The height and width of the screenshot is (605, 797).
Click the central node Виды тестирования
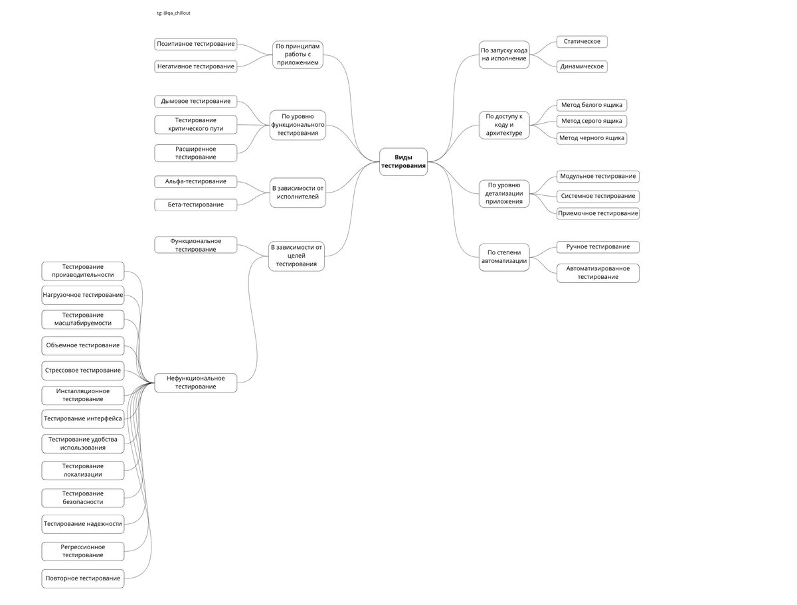[x=403, y=161]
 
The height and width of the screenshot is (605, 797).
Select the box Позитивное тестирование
[x=196, y=44]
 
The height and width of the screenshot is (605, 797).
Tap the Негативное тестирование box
[x=196, y=66]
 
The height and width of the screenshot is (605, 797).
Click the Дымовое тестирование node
[x=196, y=101]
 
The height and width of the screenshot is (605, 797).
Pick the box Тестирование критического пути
[x=196, y=124]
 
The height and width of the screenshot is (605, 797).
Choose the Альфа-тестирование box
[x=196, y=181]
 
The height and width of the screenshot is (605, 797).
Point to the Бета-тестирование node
[x=196, y=205]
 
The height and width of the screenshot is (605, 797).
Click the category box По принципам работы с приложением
[x=298, y=54]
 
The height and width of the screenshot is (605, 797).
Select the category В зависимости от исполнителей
[x=298, y=193]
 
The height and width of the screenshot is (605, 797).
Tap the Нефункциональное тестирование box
[x=196, y=383]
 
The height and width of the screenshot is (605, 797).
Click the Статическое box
[x=582, y=42]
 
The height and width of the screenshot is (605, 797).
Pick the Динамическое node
[x=582, y=66]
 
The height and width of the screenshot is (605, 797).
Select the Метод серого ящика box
[x=592, y=121]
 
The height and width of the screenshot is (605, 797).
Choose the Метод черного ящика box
[x=592, y=138]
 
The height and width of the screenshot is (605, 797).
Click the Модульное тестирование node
[x=598, y=177]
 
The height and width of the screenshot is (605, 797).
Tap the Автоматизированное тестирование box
[x=598, y=273]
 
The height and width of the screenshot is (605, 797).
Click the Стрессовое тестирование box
[x=83, y=370]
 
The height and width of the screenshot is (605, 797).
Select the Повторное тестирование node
[x=83, y=578]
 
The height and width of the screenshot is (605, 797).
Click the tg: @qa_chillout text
[x=174, y=13]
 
